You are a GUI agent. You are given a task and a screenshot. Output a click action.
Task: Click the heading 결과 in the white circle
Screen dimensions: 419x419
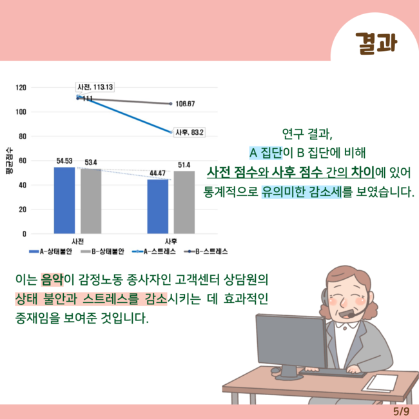pos(376,43)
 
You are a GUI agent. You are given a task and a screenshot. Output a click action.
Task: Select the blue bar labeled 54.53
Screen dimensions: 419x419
pos(64,200)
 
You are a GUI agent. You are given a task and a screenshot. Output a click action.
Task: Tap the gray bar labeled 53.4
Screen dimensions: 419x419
pos(91,201)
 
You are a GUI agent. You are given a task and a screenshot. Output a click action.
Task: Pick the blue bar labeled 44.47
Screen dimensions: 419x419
pos(158,206)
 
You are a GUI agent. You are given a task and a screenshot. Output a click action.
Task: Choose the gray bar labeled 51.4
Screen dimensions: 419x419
pos(184,202)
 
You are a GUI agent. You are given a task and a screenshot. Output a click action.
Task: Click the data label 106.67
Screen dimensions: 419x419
pos(185,104)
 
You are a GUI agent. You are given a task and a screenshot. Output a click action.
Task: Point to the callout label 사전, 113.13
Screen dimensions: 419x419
pos(95,87)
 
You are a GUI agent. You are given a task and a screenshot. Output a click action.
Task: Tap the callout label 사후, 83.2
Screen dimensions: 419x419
pos(190,132)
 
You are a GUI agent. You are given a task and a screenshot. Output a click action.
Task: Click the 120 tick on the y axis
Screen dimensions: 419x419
pos(21,88)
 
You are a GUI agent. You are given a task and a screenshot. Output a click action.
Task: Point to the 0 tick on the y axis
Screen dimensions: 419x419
pos(24,234)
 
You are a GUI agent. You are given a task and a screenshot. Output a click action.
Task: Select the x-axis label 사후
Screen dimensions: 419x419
pos(171,241)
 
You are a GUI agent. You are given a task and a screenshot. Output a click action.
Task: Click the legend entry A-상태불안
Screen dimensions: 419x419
pos(50,251)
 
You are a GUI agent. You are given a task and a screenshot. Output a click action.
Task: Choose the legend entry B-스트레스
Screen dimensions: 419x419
pos(206,251)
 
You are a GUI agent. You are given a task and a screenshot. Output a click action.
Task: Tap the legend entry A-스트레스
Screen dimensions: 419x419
pos(154,251)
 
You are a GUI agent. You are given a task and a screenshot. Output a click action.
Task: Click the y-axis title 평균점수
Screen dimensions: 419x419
pos(9,161)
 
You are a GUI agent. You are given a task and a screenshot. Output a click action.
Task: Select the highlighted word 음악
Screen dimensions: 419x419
pos(52,280)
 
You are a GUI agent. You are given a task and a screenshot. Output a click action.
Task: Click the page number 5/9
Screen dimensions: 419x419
pos(402,411)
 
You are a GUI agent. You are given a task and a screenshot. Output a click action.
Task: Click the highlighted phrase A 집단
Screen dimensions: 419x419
pos(266,153)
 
